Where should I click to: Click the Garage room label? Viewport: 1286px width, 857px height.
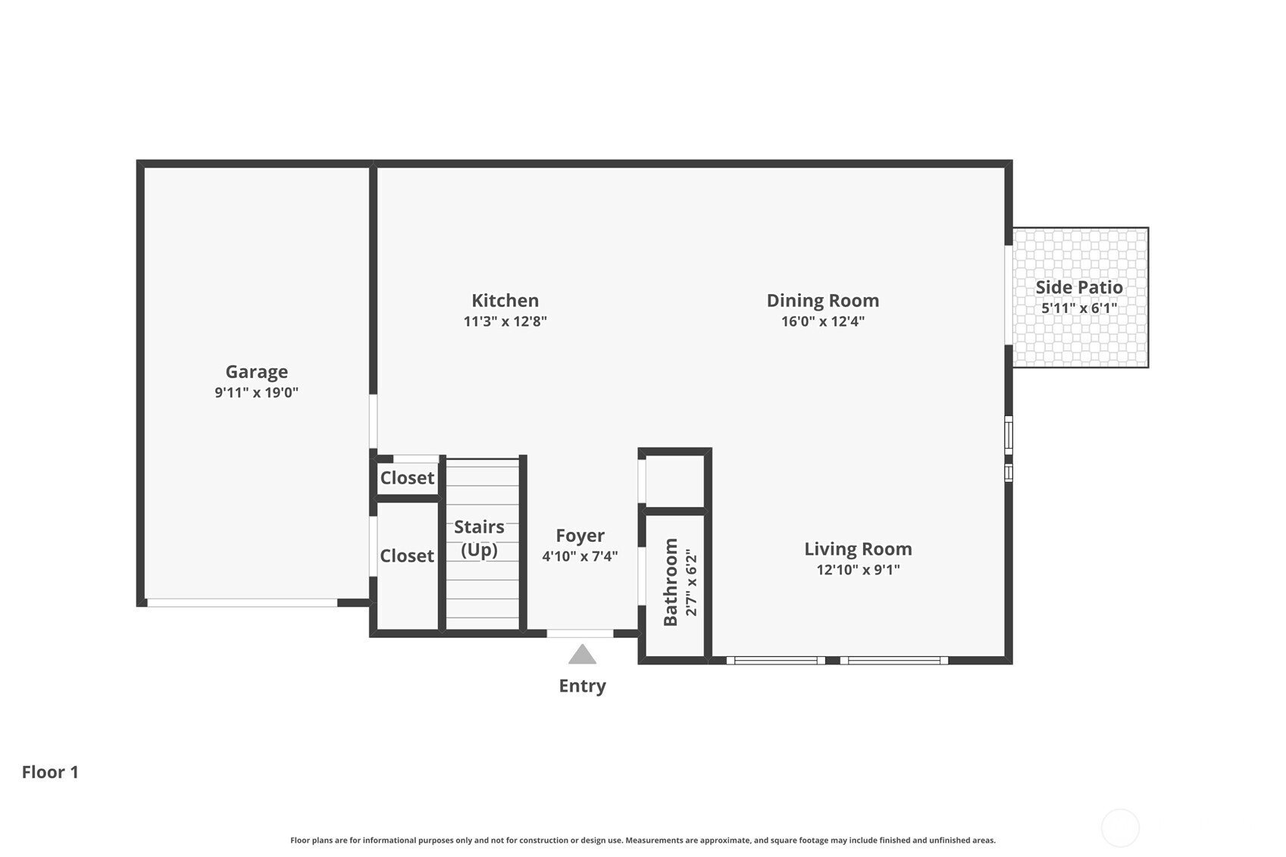coord(257,372)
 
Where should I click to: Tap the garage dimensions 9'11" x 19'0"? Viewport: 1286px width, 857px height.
coord(257,393)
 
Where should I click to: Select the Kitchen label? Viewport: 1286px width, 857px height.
coord(505,300)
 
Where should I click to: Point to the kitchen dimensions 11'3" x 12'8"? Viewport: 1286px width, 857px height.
coord(505,321)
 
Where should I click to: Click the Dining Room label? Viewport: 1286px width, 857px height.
coord(823,300)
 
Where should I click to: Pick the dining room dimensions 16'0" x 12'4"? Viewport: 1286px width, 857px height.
coord(823,321)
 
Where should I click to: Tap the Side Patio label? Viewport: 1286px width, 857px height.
coord(1079,287)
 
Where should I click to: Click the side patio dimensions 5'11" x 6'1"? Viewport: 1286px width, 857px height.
coord(1079,308)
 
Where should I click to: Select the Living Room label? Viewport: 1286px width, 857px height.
coord(859,549)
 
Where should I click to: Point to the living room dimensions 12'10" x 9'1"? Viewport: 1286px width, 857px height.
coord(859,569)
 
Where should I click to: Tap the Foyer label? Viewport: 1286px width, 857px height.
coord(580,536)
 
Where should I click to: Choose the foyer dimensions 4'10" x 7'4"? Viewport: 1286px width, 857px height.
coord(580,556)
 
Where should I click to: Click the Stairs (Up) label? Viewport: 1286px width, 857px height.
coord(480,539)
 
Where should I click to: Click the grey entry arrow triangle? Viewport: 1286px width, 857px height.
coord(582,655)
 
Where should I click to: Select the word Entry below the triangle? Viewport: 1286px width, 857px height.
coord(582,686)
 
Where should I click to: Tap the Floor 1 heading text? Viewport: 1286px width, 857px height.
coord(50,772)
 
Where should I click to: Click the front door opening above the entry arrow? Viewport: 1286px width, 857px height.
coord(580,633)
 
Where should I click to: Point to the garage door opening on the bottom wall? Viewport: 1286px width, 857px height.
coord(242,602)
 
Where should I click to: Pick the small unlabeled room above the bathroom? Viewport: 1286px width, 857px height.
coord(674,481)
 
